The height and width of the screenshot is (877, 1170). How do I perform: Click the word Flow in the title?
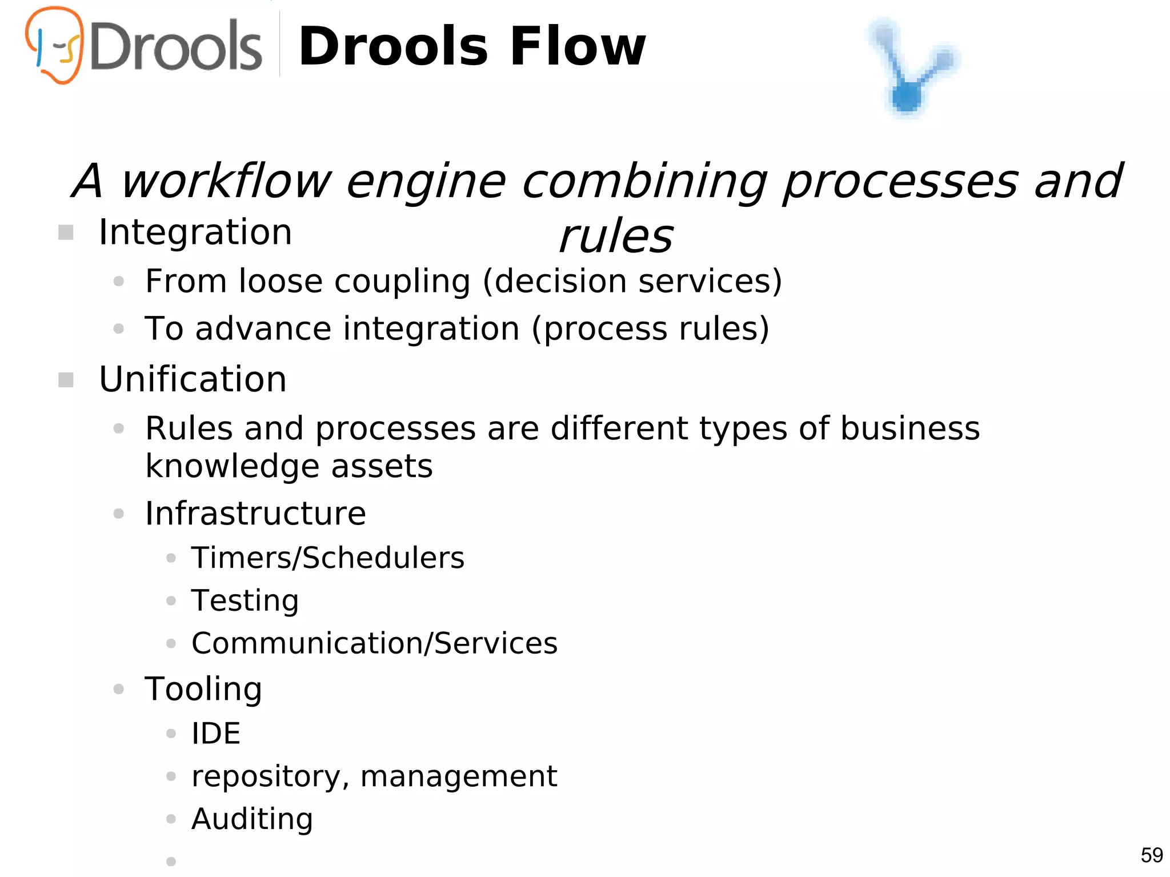coord(578,47)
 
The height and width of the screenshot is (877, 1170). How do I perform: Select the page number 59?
coord(1152,855)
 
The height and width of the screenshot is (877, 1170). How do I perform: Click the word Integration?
coord(195,233)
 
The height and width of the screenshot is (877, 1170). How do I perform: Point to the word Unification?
coord(193,379)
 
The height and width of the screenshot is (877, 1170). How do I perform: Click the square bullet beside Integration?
coord(66,233)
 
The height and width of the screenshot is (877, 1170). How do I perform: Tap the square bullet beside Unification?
coord(66,380)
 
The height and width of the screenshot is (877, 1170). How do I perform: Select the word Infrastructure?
coord(255,513)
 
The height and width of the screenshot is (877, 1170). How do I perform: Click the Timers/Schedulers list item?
coord(328,558)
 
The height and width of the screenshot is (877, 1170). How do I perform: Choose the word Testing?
coord(245,601)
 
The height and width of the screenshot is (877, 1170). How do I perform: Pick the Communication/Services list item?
coord(374,643)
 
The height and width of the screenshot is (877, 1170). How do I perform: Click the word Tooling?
coord(203,689)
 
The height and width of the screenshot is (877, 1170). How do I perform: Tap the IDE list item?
coord(216,734)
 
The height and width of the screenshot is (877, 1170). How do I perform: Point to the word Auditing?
coord(252,819)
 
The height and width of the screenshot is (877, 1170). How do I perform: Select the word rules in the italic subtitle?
coord(616,237)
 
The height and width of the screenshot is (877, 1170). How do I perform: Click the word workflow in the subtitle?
coord(226,181)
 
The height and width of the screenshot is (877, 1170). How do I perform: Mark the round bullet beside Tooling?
coord(119,689)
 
